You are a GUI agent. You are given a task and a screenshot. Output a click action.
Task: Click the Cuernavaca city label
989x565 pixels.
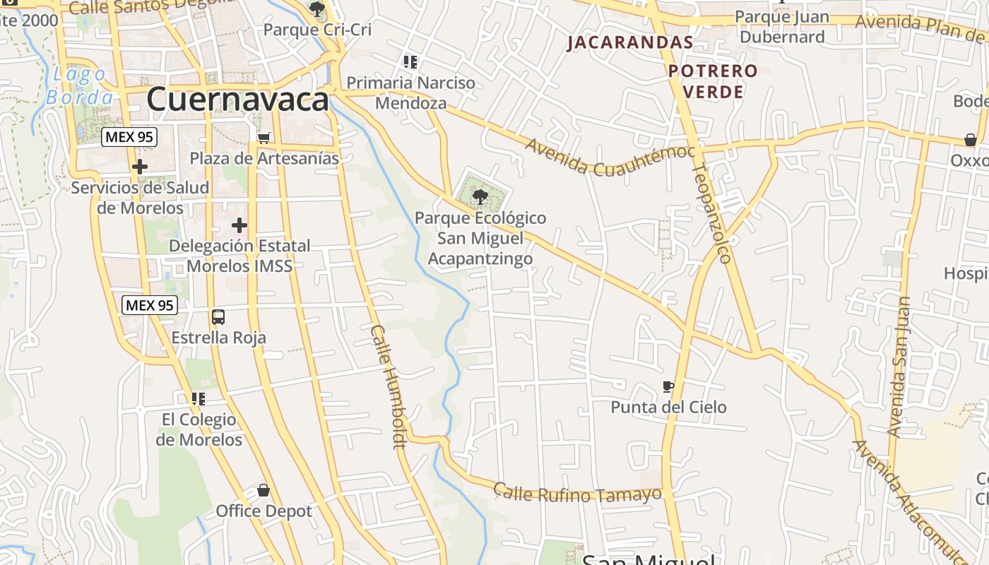237,99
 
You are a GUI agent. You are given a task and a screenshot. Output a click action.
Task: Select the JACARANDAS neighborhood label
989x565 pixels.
630,42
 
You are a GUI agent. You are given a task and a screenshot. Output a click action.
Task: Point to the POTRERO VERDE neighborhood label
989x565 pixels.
713,81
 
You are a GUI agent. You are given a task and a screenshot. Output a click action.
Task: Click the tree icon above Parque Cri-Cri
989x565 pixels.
317,9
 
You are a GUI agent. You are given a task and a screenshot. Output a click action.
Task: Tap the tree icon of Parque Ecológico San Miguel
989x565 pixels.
480,196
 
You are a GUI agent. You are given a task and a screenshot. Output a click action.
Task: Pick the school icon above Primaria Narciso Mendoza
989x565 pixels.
410,62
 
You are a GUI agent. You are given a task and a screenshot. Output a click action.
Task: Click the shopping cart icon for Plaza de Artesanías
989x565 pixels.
263,137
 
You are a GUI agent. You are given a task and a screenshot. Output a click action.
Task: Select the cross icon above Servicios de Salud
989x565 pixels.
140,167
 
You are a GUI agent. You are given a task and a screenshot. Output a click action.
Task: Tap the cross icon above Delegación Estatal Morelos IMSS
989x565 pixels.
239,225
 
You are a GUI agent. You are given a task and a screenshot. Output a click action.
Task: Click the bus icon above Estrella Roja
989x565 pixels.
218,317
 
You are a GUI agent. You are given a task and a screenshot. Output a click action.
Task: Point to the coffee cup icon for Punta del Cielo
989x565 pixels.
668,386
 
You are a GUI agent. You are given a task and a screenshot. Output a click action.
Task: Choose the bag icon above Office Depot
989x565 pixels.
263,490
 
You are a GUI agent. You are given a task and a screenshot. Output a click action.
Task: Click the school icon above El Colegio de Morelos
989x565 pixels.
199,399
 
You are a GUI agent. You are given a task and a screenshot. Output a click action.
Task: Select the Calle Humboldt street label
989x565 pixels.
389,386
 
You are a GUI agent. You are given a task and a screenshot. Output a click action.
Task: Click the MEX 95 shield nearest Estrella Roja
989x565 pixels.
149,306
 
